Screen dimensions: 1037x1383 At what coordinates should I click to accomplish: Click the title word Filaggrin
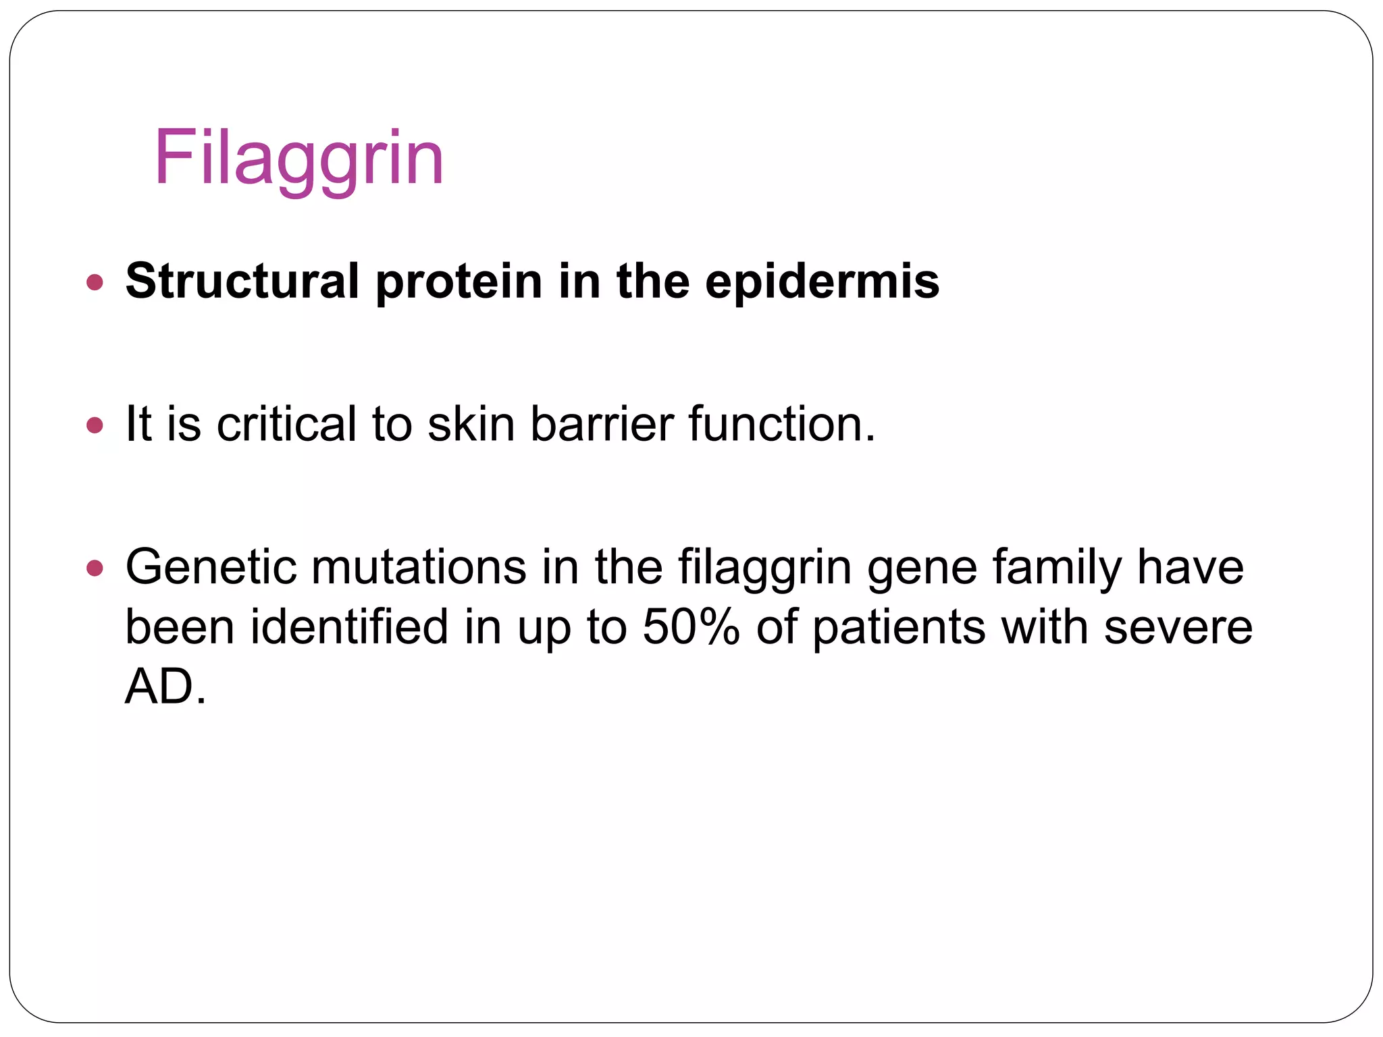pyautogui.click(x=298, y=159)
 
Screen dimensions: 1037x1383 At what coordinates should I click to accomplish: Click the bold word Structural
pyautogui.click(x=242, y=281)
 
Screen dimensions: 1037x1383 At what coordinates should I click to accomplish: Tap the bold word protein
pyautogui.click(x=459, y=281)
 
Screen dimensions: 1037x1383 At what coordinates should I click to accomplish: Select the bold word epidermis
pyautogui.click(x=822, y=281)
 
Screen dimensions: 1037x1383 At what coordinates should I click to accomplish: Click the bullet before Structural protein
pyautogui.click(x=95, y=282)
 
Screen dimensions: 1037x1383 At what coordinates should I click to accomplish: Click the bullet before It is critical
pyautogui.click(x=95, y=425)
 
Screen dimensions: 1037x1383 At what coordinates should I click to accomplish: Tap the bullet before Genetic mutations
pyautogui.click(x=95, y=568)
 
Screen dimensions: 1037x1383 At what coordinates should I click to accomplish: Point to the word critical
pyautogui.click(x=286, y=424)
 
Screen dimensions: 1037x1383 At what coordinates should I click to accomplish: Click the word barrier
pyautogui.click(x=602, y=424)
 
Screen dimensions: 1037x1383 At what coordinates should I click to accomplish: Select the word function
pyautogui.click(x=781, y=424)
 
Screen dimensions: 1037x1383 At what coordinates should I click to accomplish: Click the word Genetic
pyautogui.click(x=211, y=567)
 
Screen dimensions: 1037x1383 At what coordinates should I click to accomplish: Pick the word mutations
pyautogui.click(x=419, y=567)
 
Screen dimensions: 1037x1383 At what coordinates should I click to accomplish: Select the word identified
pyautogui.click(x=349, y=627)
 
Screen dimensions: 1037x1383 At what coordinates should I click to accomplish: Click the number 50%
pyautogui.click(x=691, y=627)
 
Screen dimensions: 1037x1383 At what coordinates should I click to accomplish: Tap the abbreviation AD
pyautogui.click(x=159, y=686)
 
